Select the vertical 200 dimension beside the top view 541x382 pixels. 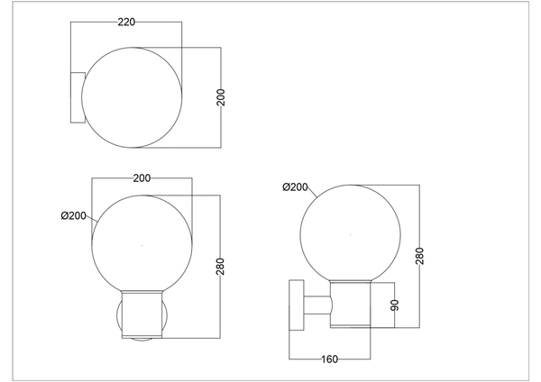pos(221,96)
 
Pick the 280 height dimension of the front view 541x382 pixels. pos(221,267)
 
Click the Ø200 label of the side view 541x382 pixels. pos(295,187)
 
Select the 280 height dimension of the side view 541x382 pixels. pos(420,257)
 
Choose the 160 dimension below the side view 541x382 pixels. pos(329,359)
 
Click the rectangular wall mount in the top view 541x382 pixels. pos(77,96)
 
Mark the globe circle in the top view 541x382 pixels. pos(133,96)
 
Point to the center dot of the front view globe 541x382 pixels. pos(142,245)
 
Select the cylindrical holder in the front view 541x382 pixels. pos(142,314)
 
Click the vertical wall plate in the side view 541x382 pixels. pos(296,308)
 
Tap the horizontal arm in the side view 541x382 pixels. pos(316,307)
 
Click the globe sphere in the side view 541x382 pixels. pos(346,233)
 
